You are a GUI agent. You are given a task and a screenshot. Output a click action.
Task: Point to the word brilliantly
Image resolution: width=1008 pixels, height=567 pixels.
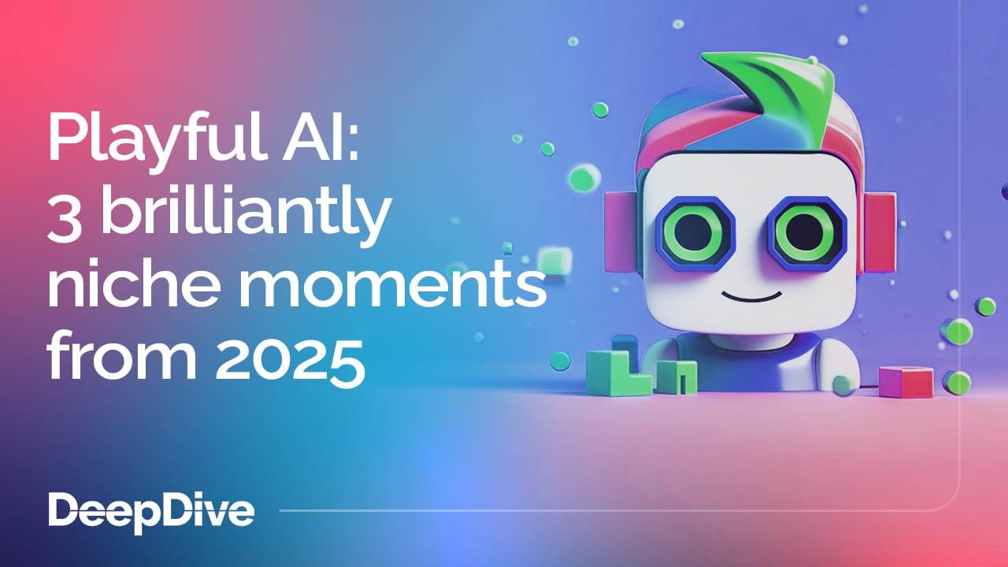(x=244, y=214)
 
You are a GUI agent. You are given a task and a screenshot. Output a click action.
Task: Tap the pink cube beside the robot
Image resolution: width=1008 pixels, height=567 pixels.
(x=906, y=381)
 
